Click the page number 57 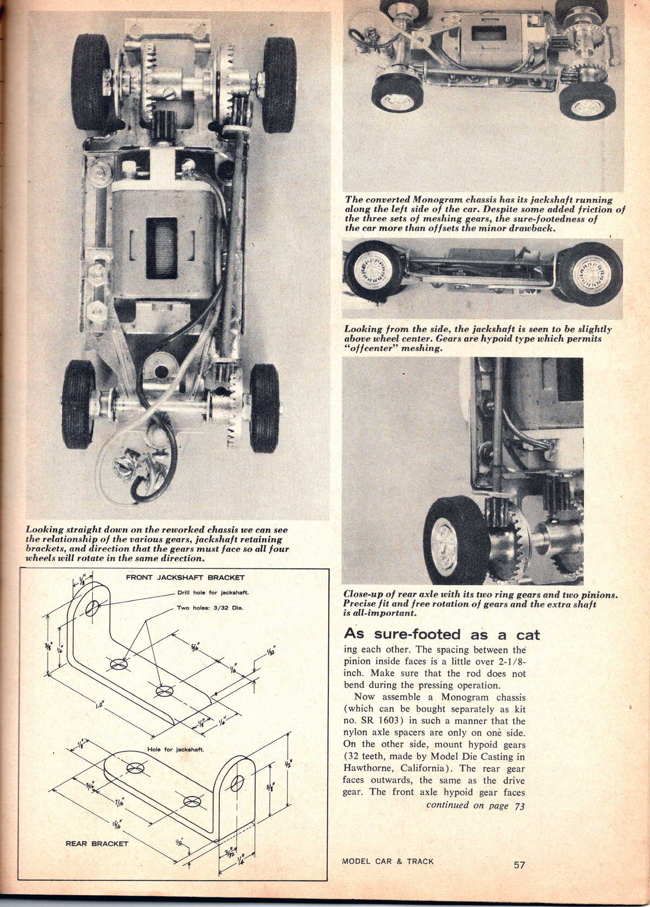[x=519, y=865]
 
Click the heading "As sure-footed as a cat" [x=442, y=634]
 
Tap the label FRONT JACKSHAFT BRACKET [x=185, y=578]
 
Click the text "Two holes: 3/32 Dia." [x=210, y=607]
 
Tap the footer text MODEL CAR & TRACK [x=388, y=861]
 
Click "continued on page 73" [x=475, y=805]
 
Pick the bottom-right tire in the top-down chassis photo [x=264, y=399]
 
